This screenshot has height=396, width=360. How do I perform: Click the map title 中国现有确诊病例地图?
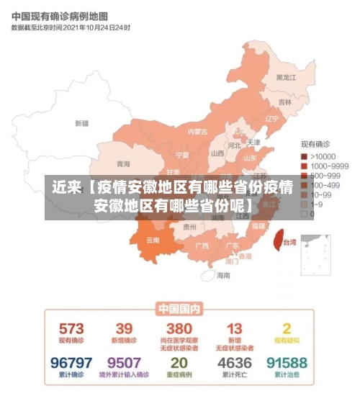60,15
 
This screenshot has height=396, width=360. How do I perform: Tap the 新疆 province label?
81,123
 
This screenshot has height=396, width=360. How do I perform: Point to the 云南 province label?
153,240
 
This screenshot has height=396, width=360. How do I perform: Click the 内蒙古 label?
197,132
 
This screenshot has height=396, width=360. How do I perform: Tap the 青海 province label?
124,163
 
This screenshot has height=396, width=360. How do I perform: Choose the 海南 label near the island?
223,275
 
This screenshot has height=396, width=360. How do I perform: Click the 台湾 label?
289,243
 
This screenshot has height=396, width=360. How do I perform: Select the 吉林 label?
285,102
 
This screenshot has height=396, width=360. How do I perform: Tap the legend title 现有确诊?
315,145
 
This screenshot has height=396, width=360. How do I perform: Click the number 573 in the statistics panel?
71,329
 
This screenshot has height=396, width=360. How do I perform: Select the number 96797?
71,363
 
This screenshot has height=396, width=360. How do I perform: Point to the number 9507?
124,363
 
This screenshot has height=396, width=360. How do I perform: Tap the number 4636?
234,363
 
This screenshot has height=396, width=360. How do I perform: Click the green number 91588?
287,363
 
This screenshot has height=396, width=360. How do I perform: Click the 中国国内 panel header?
179,309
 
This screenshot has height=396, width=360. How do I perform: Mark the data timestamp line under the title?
71,27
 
